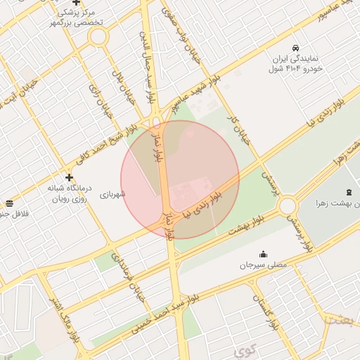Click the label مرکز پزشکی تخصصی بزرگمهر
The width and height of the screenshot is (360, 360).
tap(77, 18)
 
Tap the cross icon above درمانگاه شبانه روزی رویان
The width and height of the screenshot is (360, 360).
tap(69, 177)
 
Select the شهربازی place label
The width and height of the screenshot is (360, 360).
tap(112, 194)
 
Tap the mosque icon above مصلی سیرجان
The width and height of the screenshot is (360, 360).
tap(263, 254)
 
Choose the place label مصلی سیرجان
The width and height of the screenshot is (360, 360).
tap(263, 266)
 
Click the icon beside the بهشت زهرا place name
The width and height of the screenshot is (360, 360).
tap(349, 193)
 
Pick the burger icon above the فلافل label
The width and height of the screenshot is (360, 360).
tap(7, 202)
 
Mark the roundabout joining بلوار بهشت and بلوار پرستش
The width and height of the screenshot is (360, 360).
tap(287, 205)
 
